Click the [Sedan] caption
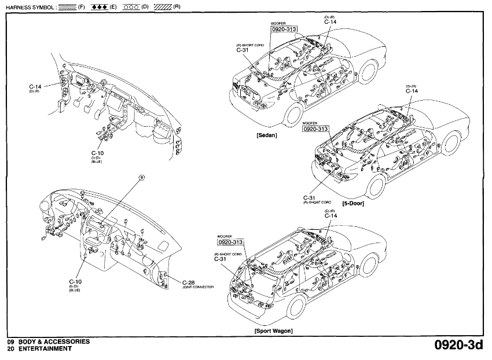click(x=267, y=135)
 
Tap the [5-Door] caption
click(x=353, y=204)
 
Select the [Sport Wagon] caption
click(x=273, y=330)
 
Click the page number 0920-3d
click(x=458, y=346)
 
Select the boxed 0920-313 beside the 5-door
click(x=316, y=129)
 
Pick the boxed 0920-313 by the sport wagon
click(x=230, y=242)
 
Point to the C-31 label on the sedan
click(x=243, y=50)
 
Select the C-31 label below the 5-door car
click(x=308, y=198)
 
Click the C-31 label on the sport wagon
click(x=220, y=259)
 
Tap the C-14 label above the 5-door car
click(x=412, y=91)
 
